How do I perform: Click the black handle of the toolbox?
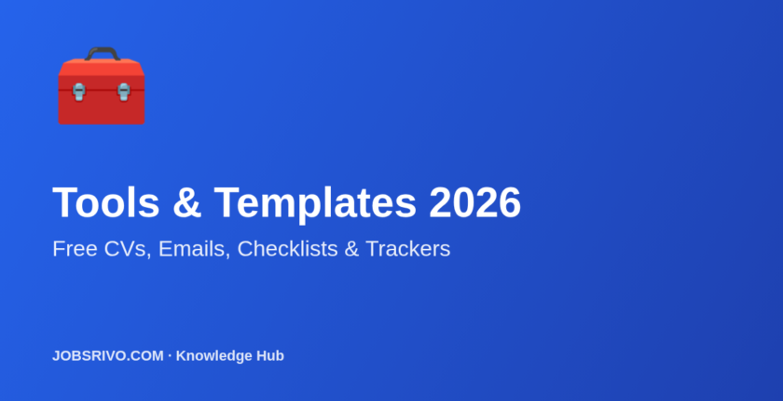click(x=102, y=50)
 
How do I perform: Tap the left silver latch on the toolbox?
click(x=79, y=90)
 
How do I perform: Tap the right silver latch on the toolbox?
click(x=123, y=90)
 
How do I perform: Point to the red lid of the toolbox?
click(x=102, y=71)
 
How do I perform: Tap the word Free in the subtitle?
click(x=72, y=249)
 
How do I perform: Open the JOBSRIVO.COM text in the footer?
click(x=107, y=355)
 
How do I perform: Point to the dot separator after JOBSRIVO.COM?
click(x=169, y=355)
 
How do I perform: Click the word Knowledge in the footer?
click(x=214, y=355)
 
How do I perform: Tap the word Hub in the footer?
click(x=270, y=355)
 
